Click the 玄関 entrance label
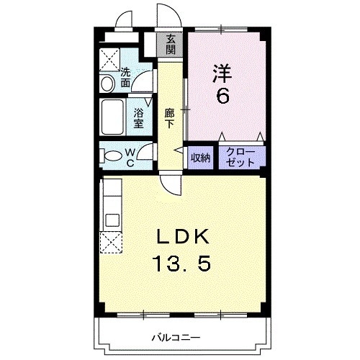point(170,45)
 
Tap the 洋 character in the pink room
point(221,73)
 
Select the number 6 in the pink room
point(222,95)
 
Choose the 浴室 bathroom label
point(138,117)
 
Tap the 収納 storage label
point(200,158)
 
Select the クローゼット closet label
point(240,157)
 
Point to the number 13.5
point(183,264)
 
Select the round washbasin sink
point(108,84)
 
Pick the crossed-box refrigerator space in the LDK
point(111,242)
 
